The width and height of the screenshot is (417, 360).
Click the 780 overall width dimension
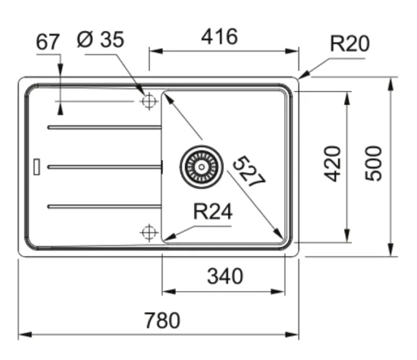point(162,320)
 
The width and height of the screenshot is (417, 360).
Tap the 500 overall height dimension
point(373,164)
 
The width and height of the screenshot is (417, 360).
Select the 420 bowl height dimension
point(332,164)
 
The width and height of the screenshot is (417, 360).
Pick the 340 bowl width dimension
point(225,276)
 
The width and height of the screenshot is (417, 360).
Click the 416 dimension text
point(220,37)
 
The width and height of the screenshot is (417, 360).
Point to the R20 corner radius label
point(350,43)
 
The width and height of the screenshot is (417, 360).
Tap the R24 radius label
point(213,211)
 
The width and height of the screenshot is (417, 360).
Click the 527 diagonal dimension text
point(249,172)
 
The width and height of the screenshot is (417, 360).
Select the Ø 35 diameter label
point(101,40)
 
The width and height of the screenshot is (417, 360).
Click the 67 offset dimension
point(48,42)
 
